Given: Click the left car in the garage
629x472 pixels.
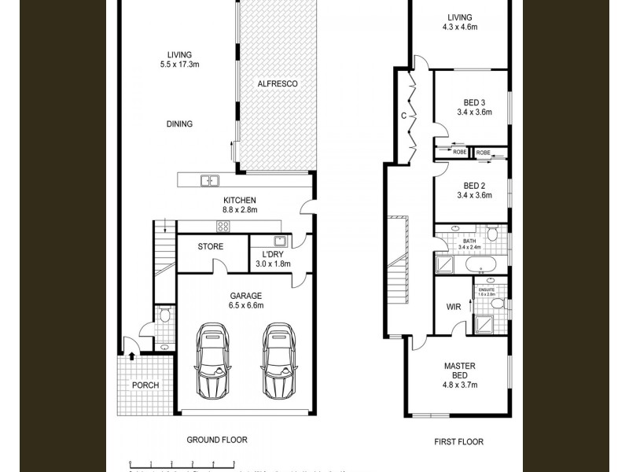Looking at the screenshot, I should [211, 361].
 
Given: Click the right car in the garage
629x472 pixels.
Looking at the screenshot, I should [278, 361].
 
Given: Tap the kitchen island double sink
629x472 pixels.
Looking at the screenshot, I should [209, 181].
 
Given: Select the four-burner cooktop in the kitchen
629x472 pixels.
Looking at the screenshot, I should [223, 227].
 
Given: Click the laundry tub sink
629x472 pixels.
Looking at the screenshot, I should [279, 242].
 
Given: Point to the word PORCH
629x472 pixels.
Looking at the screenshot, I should [145, 385].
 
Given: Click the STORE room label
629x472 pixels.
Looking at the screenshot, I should [210, 247].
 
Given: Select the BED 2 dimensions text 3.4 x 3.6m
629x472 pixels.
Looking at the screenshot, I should [473, 196].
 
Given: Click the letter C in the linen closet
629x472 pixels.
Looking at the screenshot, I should [403, 116].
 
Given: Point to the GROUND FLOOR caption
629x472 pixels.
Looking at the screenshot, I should [216, 440].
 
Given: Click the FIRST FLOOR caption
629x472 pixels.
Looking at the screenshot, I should [458, 442].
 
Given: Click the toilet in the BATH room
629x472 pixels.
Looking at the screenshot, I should [491, 234].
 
